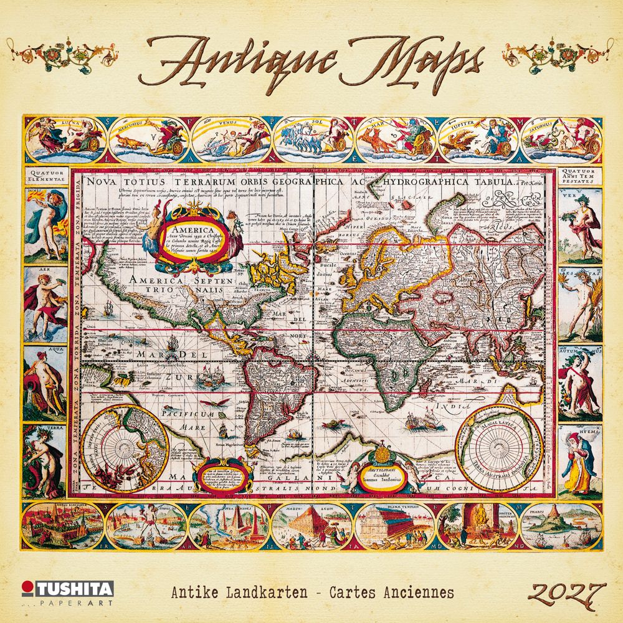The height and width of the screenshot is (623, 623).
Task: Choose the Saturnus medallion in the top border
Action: pos(561,139)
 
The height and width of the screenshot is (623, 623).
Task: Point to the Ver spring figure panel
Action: pos(579,224)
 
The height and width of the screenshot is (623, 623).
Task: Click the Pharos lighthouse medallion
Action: pos(561,526)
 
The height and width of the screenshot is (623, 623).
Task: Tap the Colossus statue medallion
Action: pos(146,526)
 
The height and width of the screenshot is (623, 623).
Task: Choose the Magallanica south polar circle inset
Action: pos(498,445)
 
